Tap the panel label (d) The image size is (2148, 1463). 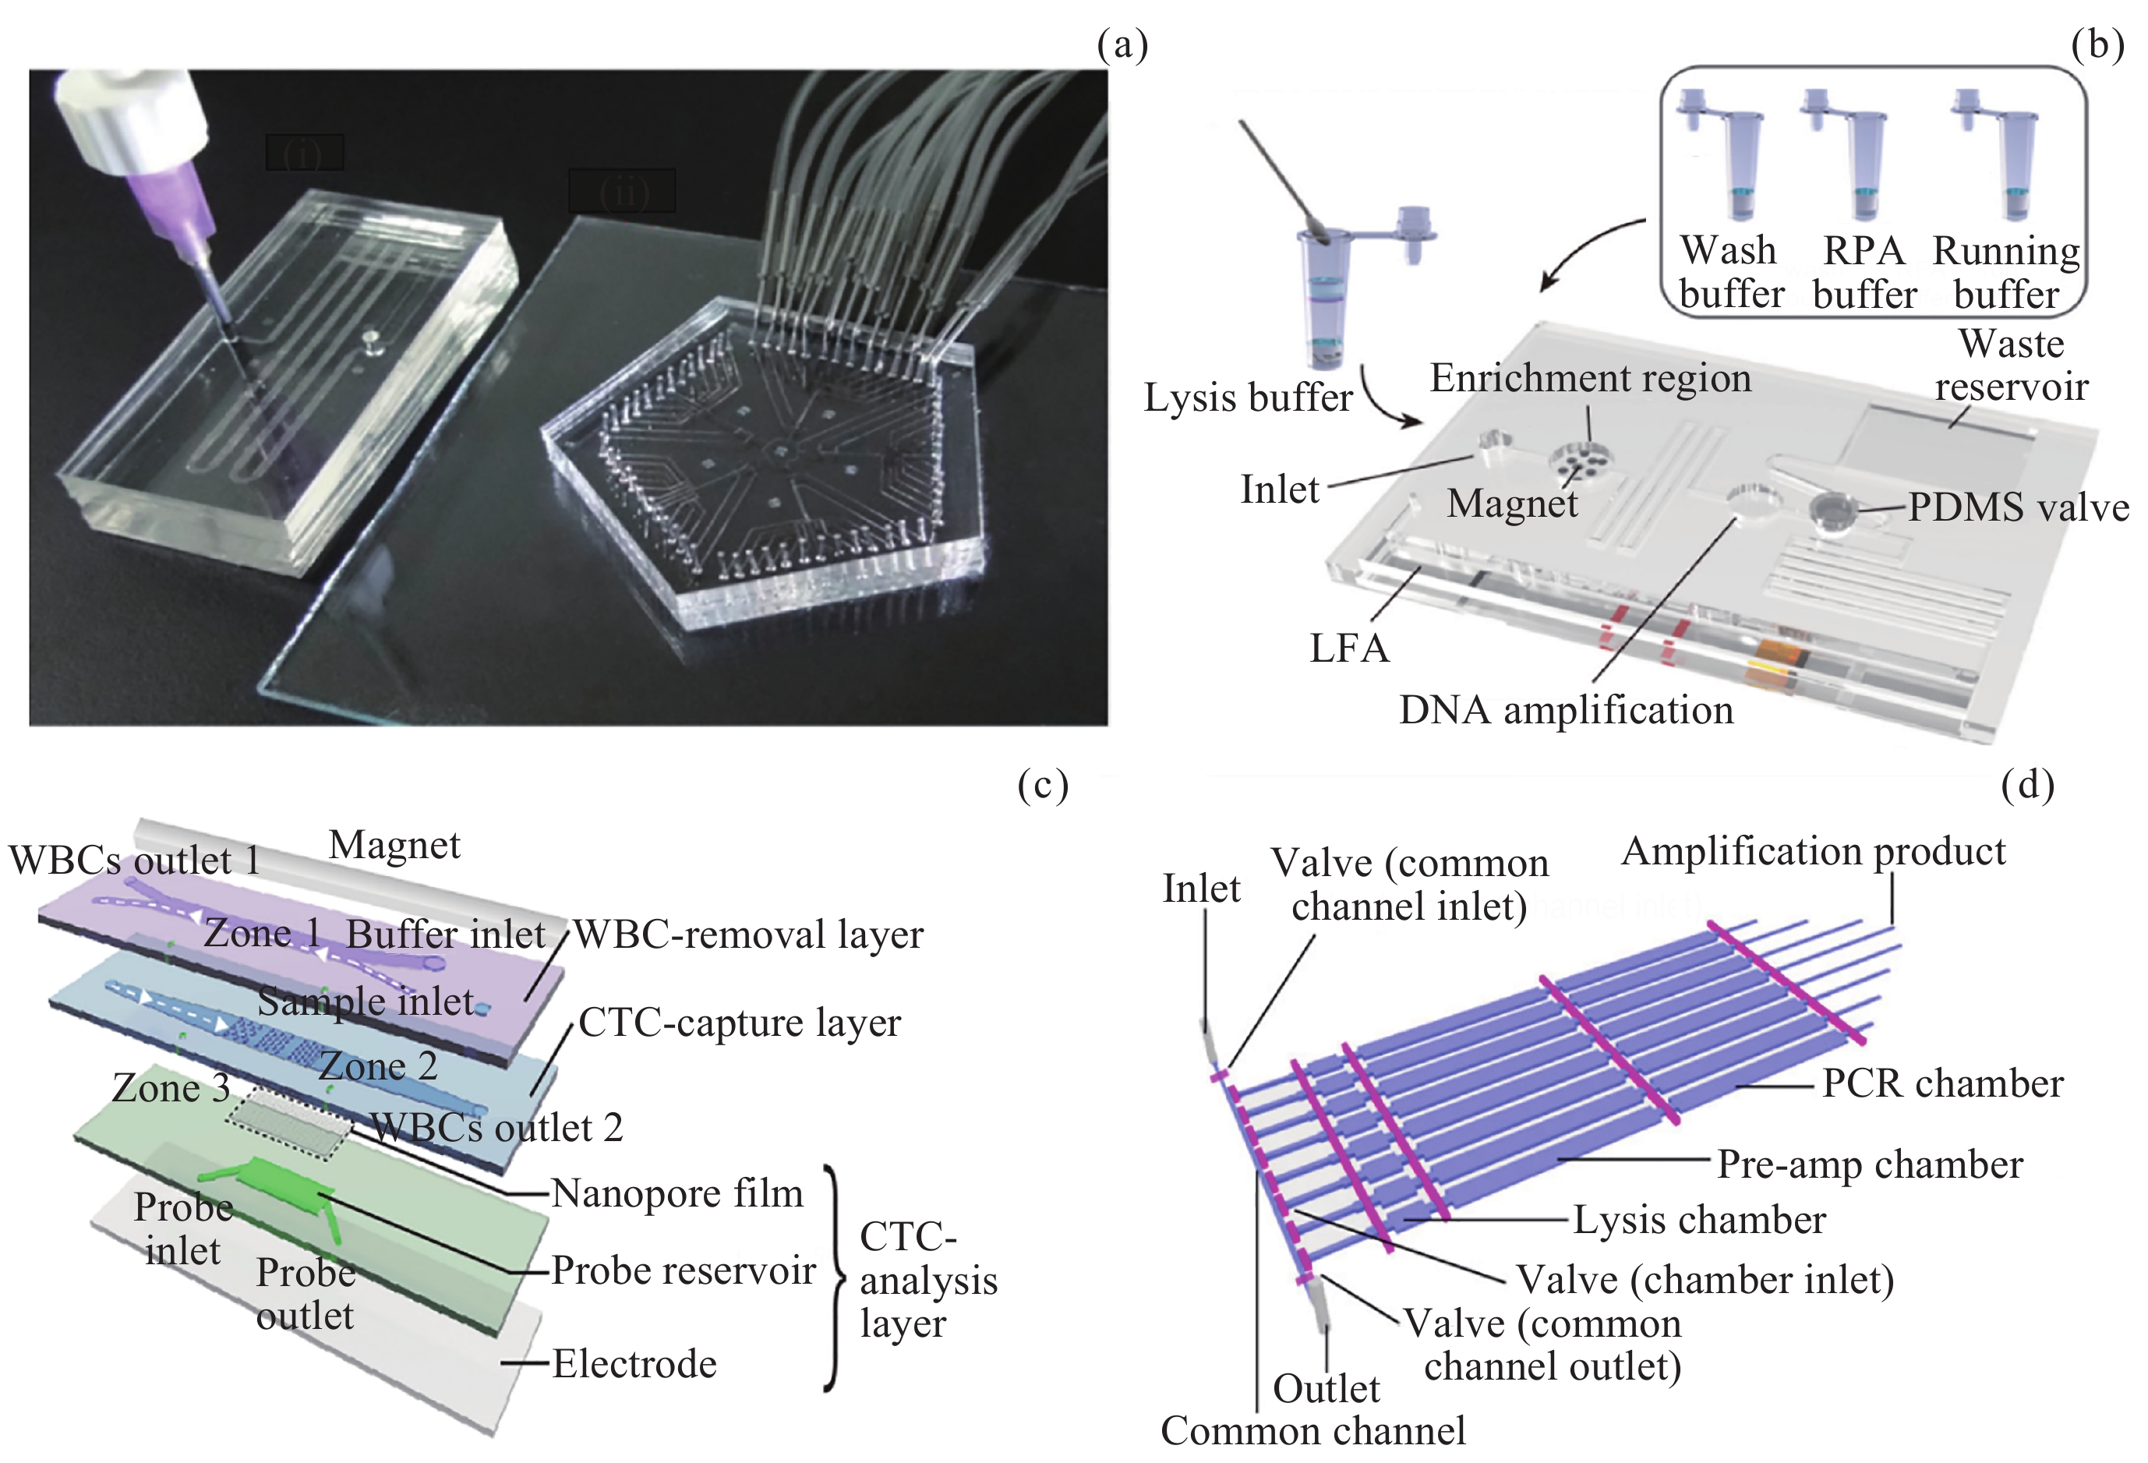(2027, 785)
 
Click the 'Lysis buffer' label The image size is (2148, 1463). (1248, 398)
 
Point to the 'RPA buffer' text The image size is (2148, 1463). (1864, 273)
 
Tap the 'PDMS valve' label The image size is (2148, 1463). (2018, 507)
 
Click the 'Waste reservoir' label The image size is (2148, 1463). (2011, 365)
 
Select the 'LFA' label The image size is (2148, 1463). (1349, 648)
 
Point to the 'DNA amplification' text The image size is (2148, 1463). (1566, 710)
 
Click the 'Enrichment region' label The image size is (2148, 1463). (1590, 378)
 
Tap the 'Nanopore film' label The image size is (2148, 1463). (677, 1193)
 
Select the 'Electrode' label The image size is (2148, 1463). (634, 1363)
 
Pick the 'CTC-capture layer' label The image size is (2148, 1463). (740, 1022)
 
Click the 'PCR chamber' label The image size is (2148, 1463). (1942, 1083)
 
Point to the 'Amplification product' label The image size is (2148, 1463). (1814, 851)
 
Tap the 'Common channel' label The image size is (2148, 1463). (1312, 1430)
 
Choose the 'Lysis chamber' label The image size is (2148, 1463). (1699, 1220)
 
